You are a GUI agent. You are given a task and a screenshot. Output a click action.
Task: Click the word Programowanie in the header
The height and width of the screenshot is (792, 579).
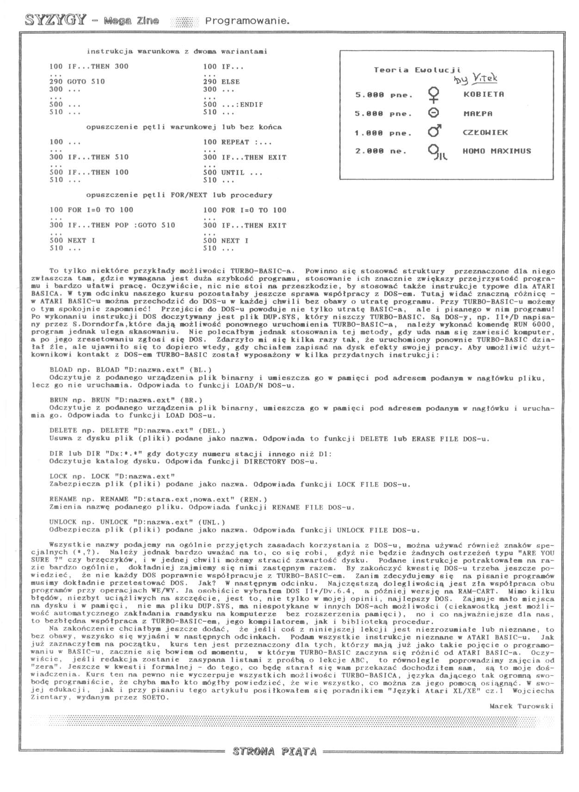pyautogui.click(x=247, y=21)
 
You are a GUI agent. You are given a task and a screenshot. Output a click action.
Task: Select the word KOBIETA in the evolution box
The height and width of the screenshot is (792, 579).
pyautogui.click(x=483, y=94)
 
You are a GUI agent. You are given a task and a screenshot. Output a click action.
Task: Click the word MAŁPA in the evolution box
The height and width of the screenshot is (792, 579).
pyautogui.click(x=478, y=113)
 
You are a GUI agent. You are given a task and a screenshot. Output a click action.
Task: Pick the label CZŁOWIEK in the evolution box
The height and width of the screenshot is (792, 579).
pyautogui.click(x=485, y=132)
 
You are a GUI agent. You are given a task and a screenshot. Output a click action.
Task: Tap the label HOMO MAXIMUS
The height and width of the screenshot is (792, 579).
pyautogui.click(x=497, y=151)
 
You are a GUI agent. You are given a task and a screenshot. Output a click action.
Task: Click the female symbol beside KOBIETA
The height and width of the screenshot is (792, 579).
pyautogui.click(x=434, y=95)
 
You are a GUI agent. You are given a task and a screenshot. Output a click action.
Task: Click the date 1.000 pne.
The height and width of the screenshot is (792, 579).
pyautogui.click(x=383, y=133)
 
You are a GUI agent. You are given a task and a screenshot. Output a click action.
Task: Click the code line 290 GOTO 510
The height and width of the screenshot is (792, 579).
pyautogui.click(x=77, y=81)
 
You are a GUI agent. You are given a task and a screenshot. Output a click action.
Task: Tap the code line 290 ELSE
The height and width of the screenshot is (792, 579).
pyautogui.click(x=221, y=81)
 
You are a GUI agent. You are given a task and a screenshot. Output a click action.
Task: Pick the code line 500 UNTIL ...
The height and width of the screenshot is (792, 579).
pyautogui.click(x=233, y=173)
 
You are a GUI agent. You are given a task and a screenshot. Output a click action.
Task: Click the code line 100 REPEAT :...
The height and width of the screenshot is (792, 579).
pyautogui.click(x=237, y=142)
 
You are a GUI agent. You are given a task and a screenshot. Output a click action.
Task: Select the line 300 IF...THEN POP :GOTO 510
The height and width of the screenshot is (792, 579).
pyautogui.click(x=112, y=225)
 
